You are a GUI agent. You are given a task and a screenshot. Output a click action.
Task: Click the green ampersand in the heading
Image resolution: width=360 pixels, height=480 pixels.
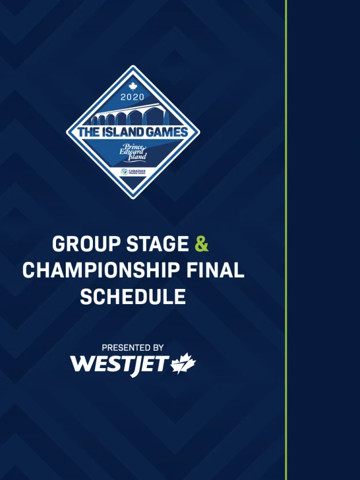tap(201, 244)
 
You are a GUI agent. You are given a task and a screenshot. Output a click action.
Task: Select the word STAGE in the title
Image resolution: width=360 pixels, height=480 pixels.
tap(157, 244)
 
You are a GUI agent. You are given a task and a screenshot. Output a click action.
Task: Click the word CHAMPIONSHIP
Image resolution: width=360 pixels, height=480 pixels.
tap(101, 271)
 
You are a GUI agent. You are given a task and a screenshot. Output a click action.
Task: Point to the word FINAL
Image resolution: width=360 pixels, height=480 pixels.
tap(215, 271)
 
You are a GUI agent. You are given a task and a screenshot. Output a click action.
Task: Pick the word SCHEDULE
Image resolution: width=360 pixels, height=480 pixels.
tap(133, 297)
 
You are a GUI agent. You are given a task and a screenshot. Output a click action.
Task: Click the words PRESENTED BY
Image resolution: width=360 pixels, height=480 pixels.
tap(133, 348)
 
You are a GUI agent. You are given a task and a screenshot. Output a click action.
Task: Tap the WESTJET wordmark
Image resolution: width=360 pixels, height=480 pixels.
tap(119, 365)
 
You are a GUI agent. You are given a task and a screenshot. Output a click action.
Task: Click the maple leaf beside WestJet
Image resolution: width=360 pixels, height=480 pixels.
tap(183, 363)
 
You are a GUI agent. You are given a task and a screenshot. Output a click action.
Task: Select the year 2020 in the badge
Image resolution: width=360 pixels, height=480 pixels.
tap(132, 97)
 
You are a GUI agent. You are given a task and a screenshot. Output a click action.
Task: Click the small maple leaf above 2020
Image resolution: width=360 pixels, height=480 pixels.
tap(133, 87)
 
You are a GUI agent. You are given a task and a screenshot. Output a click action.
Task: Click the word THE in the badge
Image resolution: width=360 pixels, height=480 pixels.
tap(89, 132)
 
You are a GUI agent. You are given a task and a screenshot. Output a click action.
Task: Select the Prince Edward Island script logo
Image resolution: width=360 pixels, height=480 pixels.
tap(133, 152)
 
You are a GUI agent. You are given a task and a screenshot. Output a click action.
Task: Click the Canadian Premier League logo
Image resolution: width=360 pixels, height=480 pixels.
tap(133, 172)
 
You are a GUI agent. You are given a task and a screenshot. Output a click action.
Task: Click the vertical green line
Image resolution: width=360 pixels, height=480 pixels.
tap(286, 240)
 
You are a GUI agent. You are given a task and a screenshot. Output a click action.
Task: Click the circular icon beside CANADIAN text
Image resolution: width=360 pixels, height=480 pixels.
tap(124, 172)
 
